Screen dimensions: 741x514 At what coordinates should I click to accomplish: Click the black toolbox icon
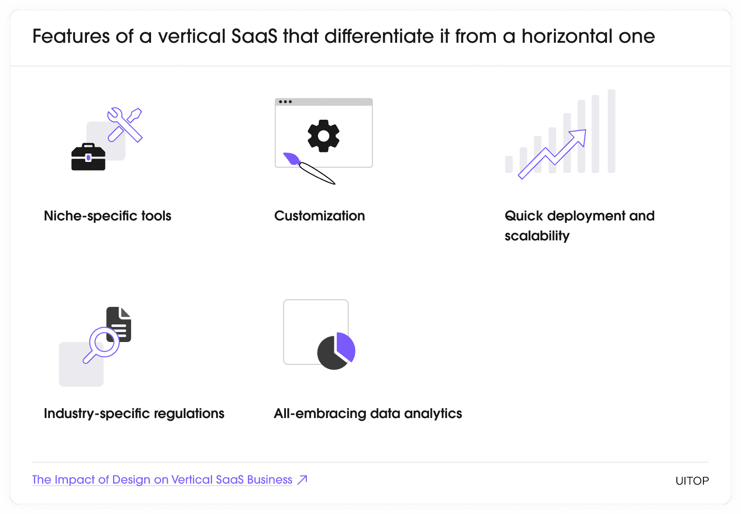(x=88, y=157)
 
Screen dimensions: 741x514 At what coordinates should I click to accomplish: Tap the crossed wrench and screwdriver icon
(x=125, y=124)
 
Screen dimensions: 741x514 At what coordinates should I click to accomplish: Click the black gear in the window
(x=323, y=135)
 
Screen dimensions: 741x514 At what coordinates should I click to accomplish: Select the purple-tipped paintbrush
(x=309, y=168)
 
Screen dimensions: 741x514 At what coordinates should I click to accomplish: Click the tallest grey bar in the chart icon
(x=611, y=131)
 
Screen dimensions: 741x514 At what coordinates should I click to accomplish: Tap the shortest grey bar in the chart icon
(x=509, y=164)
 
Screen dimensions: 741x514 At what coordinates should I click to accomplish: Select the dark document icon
(x=119, y=324)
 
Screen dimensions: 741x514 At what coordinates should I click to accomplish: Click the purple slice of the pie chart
(x=346, y=346)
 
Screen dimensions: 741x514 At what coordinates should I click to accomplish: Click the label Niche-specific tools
(x=107, y=216)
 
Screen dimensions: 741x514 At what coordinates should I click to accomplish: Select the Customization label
(x=320, y=216)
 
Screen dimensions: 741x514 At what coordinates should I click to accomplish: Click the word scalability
(x=537, y=236)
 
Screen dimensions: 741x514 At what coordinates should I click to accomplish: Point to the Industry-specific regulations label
(x=134, y=413)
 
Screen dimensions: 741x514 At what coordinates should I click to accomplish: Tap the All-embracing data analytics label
(x=368, y=413)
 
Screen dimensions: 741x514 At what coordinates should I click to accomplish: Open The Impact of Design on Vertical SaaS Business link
(x=162, y=480)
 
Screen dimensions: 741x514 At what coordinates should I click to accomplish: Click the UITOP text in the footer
(x=692, y=481)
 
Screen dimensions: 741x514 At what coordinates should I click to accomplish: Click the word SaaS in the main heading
(x=254, y=36)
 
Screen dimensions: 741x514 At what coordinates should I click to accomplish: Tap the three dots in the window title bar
(x=285, y=102)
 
